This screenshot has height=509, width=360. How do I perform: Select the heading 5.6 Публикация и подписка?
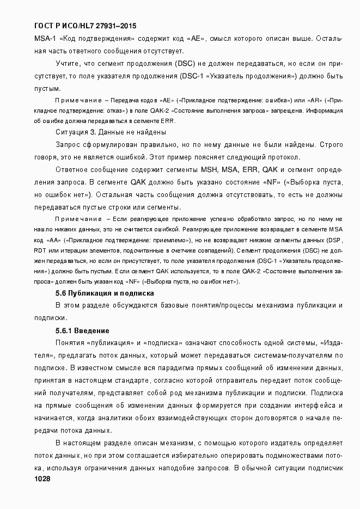(105, 293)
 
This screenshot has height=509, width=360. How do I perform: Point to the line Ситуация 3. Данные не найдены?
(111, 132)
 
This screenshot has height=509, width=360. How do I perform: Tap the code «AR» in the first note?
(315, 101)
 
